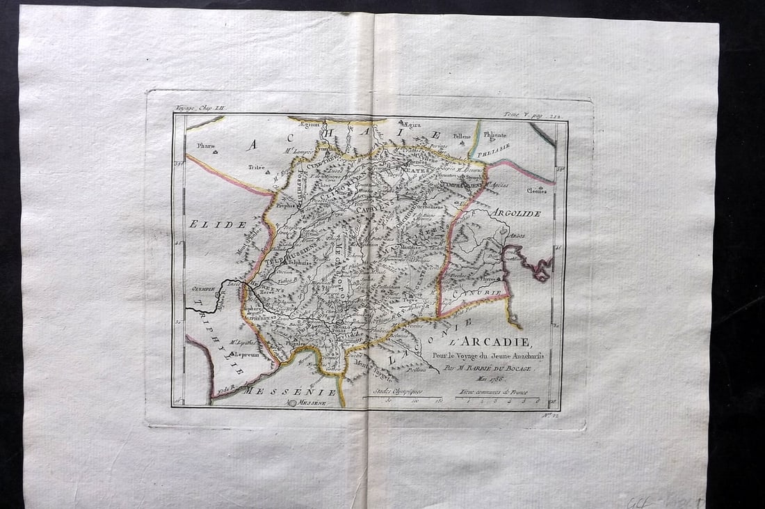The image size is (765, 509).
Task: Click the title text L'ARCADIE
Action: coord(490,342)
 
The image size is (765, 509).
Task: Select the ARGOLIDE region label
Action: coord(515,213)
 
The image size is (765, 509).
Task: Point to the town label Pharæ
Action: coord(205,146)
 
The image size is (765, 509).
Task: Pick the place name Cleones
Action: coord(536,190)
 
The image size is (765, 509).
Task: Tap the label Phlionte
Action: coord(495,135)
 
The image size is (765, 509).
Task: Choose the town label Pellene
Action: coord(462,136)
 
